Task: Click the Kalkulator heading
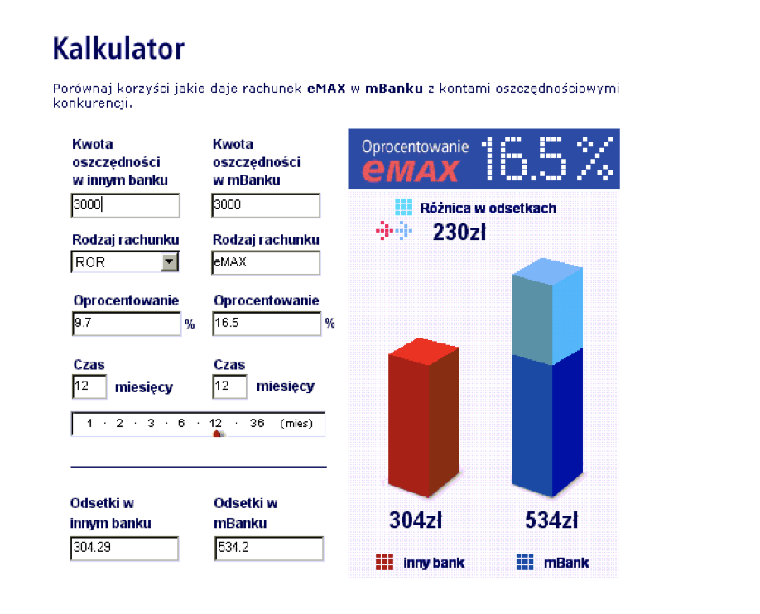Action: [118, 49]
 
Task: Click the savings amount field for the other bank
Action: [125, 205]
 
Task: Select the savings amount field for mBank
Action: [266, 205]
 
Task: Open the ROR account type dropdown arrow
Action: [169, 261]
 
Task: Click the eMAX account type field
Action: [266, 262]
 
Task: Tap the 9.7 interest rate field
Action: [126, 324]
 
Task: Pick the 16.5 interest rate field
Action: [267, 324]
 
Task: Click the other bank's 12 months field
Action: [89, 386]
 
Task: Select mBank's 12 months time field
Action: [230, 386]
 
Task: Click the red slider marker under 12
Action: [218, 434]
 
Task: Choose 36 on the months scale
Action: [257, 423]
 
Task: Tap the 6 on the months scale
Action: [181, 423]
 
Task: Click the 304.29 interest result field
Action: [124, 549]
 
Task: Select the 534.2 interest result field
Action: [268, 549]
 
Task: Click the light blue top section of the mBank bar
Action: [547, 311]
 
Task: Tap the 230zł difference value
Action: [459, 233]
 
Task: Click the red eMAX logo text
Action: [410, 170]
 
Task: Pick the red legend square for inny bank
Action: [384, 562]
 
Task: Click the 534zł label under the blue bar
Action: [551, 520]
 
